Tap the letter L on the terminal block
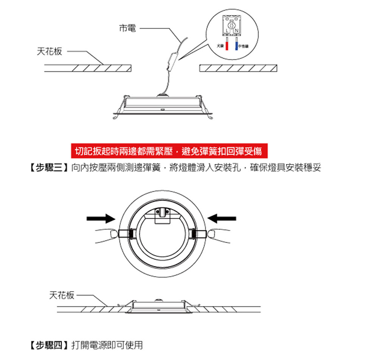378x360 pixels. [227, 30]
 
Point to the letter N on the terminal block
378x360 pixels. [236, 30]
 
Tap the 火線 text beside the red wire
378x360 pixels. [220, 46]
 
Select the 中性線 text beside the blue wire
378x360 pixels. [244, 46]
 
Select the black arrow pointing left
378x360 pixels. [222, 218]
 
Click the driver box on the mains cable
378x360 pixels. [173, 60]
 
